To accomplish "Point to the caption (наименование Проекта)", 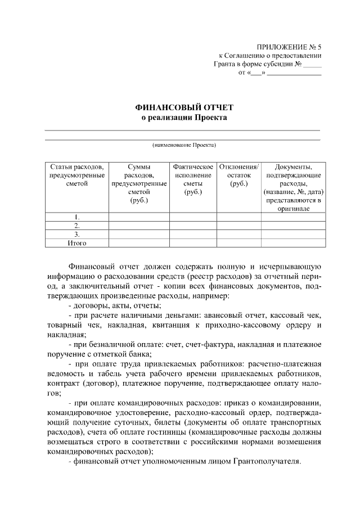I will coord(184,145).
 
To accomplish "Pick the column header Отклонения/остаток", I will coord(238,172).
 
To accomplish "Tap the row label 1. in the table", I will coord(77,217).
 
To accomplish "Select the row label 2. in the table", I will coord(77,226).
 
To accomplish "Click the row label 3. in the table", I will coord(77,234).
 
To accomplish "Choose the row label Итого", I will coord(77,243).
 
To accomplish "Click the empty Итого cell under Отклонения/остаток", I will coord(238,243).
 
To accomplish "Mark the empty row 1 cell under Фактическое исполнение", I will coord(193,217).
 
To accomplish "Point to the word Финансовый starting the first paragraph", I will coord(92,266).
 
